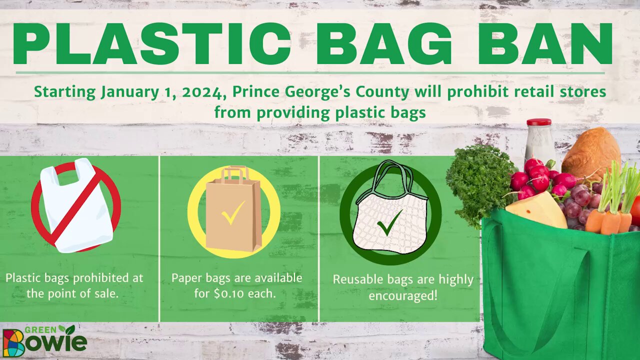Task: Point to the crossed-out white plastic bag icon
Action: [76, 205]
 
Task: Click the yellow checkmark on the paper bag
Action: [233, 212]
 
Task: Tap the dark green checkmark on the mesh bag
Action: [389, 222]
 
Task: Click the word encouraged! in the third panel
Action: [403, 295]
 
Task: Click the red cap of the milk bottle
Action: [539, 122]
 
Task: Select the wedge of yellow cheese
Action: [537, 210]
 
